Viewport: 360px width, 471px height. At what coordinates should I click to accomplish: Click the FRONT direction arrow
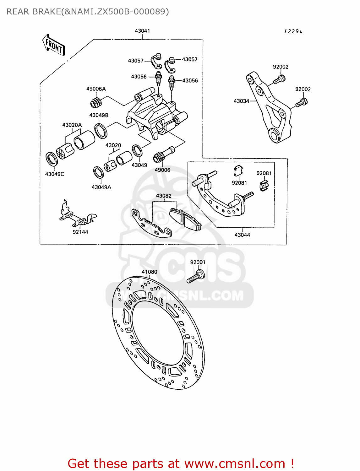click(x=54, y=45)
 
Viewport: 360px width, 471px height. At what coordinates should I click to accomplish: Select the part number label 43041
click(x=142, y=31)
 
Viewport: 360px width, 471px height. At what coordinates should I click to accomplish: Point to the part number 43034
click(x=241, y=101)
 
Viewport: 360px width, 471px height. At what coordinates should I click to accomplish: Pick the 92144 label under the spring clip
click(x=80, y=232)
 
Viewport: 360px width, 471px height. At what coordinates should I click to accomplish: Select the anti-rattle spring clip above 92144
click(x=77, y=215)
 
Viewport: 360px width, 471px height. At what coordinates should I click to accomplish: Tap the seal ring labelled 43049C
click(x=52, y=159)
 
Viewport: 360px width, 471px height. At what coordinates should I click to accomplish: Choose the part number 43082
click(x=164, y=196)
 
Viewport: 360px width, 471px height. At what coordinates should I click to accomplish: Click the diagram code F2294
click(x=293, y=31)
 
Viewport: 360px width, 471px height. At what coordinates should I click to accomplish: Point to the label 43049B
click(x=99, y=115)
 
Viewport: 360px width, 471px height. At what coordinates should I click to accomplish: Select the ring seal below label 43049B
click(x=101, y=131)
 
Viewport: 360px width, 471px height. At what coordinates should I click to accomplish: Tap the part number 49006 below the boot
click(x=162, y=170)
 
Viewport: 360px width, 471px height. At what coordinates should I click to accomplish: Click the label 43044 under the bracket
click(x=242, y=235)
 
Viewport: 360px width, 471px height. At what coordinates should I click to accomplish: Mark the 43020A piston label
click(x=72, y=125)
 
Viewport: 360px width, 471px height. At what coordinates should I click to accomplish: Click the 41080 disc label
click(x=149, y=272)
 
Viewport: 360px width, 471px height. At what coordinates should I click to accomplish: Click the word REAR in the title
click(x=17, y=12)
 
